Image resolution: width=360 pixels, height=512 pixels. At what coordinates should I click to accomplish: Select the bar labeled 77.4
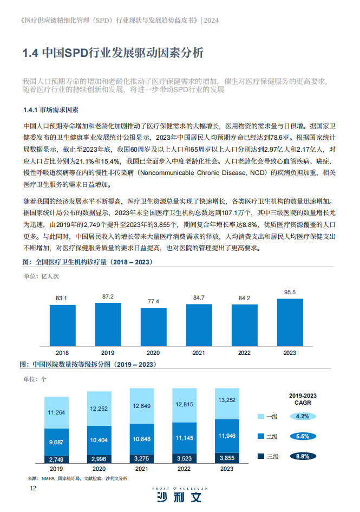(x=153, y=327)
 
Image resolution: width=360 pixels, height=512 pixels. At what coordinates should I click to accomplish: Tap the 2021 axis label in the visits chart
(x=199, y=353)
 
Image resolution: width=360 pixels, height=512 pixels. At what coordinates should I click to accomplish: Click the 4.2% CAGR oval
(x=303, y=416)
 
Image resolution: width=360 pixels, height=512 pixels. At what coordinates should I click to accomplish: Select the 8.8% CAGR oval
(x=303, y=456)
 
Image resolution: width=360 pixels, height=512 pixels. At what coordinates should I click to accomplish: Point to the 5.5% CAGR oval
(x=303, y=436)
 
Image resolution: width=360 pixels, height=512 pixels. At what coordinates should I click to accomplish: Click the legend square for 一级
(x=259, y=416)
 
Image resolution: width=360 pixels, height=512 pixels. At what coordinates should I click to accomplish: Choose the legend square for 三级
(x=259, y=456)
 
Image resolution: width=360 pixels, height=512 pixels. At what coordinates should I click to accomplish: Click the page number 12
(x=33, y=489)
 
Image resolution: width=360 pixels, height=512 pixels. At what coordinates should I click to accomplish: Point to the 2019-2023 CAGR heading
(x=303, y=399)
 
